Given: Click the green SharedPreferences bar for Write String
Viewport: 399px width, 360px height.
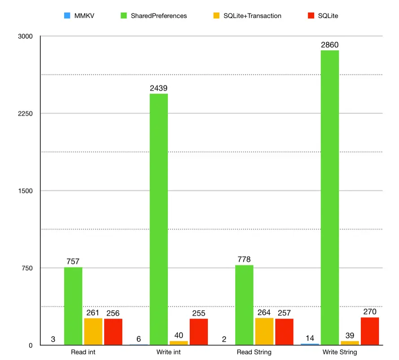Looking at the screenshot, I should click(x=329, y=197).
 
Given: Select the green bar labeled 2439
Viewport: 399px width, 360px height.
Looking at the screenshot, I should click(x=158, y=219).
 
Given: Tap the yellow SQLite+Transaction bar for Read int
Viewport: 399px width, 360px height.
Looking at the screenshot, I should click(x=93, y=331).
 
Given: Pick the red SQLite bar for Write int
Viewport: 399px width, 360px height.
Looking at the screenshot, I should click(x=198, y=332).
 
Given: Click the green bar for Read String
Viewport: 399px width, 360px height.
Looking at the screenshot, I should click(x=244, y=305).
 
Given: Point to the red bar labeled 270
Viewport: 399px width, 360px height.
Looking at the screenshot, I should click(x=370, y=331).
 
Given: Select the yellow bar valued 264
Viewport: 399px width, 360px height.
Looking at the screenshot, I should click(x=264, y=331).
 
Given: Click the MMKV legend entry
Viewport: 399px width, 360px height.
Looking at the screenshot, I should click(x=80, y=16).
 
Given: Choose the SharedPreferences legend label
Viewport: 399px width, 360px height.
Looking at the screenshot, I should click(x=159, y=16).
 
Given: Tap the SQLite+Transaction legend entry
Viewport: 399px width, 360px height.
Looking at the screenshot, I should click(x=252, y=16).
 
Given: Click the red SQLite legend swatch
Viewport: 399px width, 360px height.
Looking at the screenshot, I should click(x=310, y=16).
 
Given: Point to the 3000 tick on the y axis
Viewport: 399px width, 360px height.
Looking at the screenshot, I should click(x=25, y=36).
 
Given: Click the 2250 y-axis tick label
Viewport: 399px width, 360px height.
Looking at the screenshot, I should click(x=25, y=113).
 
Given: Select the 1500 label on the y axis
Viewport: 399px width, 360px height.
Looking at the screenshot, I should click(x=25, y=191).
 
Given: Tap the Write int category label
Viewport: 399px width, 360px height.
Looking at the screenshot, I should click(x=169, y=352).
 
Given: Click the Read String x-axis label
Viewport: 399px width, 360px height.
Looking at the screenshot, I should click(x=254, y=352).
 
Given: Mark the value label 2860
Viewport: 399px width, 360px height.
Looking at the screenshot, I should click(x=329, y=45).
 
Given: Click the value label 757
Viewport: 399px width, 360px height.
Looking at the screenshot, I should click(x=73, y=261).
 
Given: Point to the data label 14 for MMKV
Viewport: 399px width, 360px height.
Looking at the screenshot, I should click(x=310, y=338).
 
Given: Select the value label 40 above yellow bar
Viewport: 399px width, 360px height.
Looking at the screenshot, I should click(x=179, y=335).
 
